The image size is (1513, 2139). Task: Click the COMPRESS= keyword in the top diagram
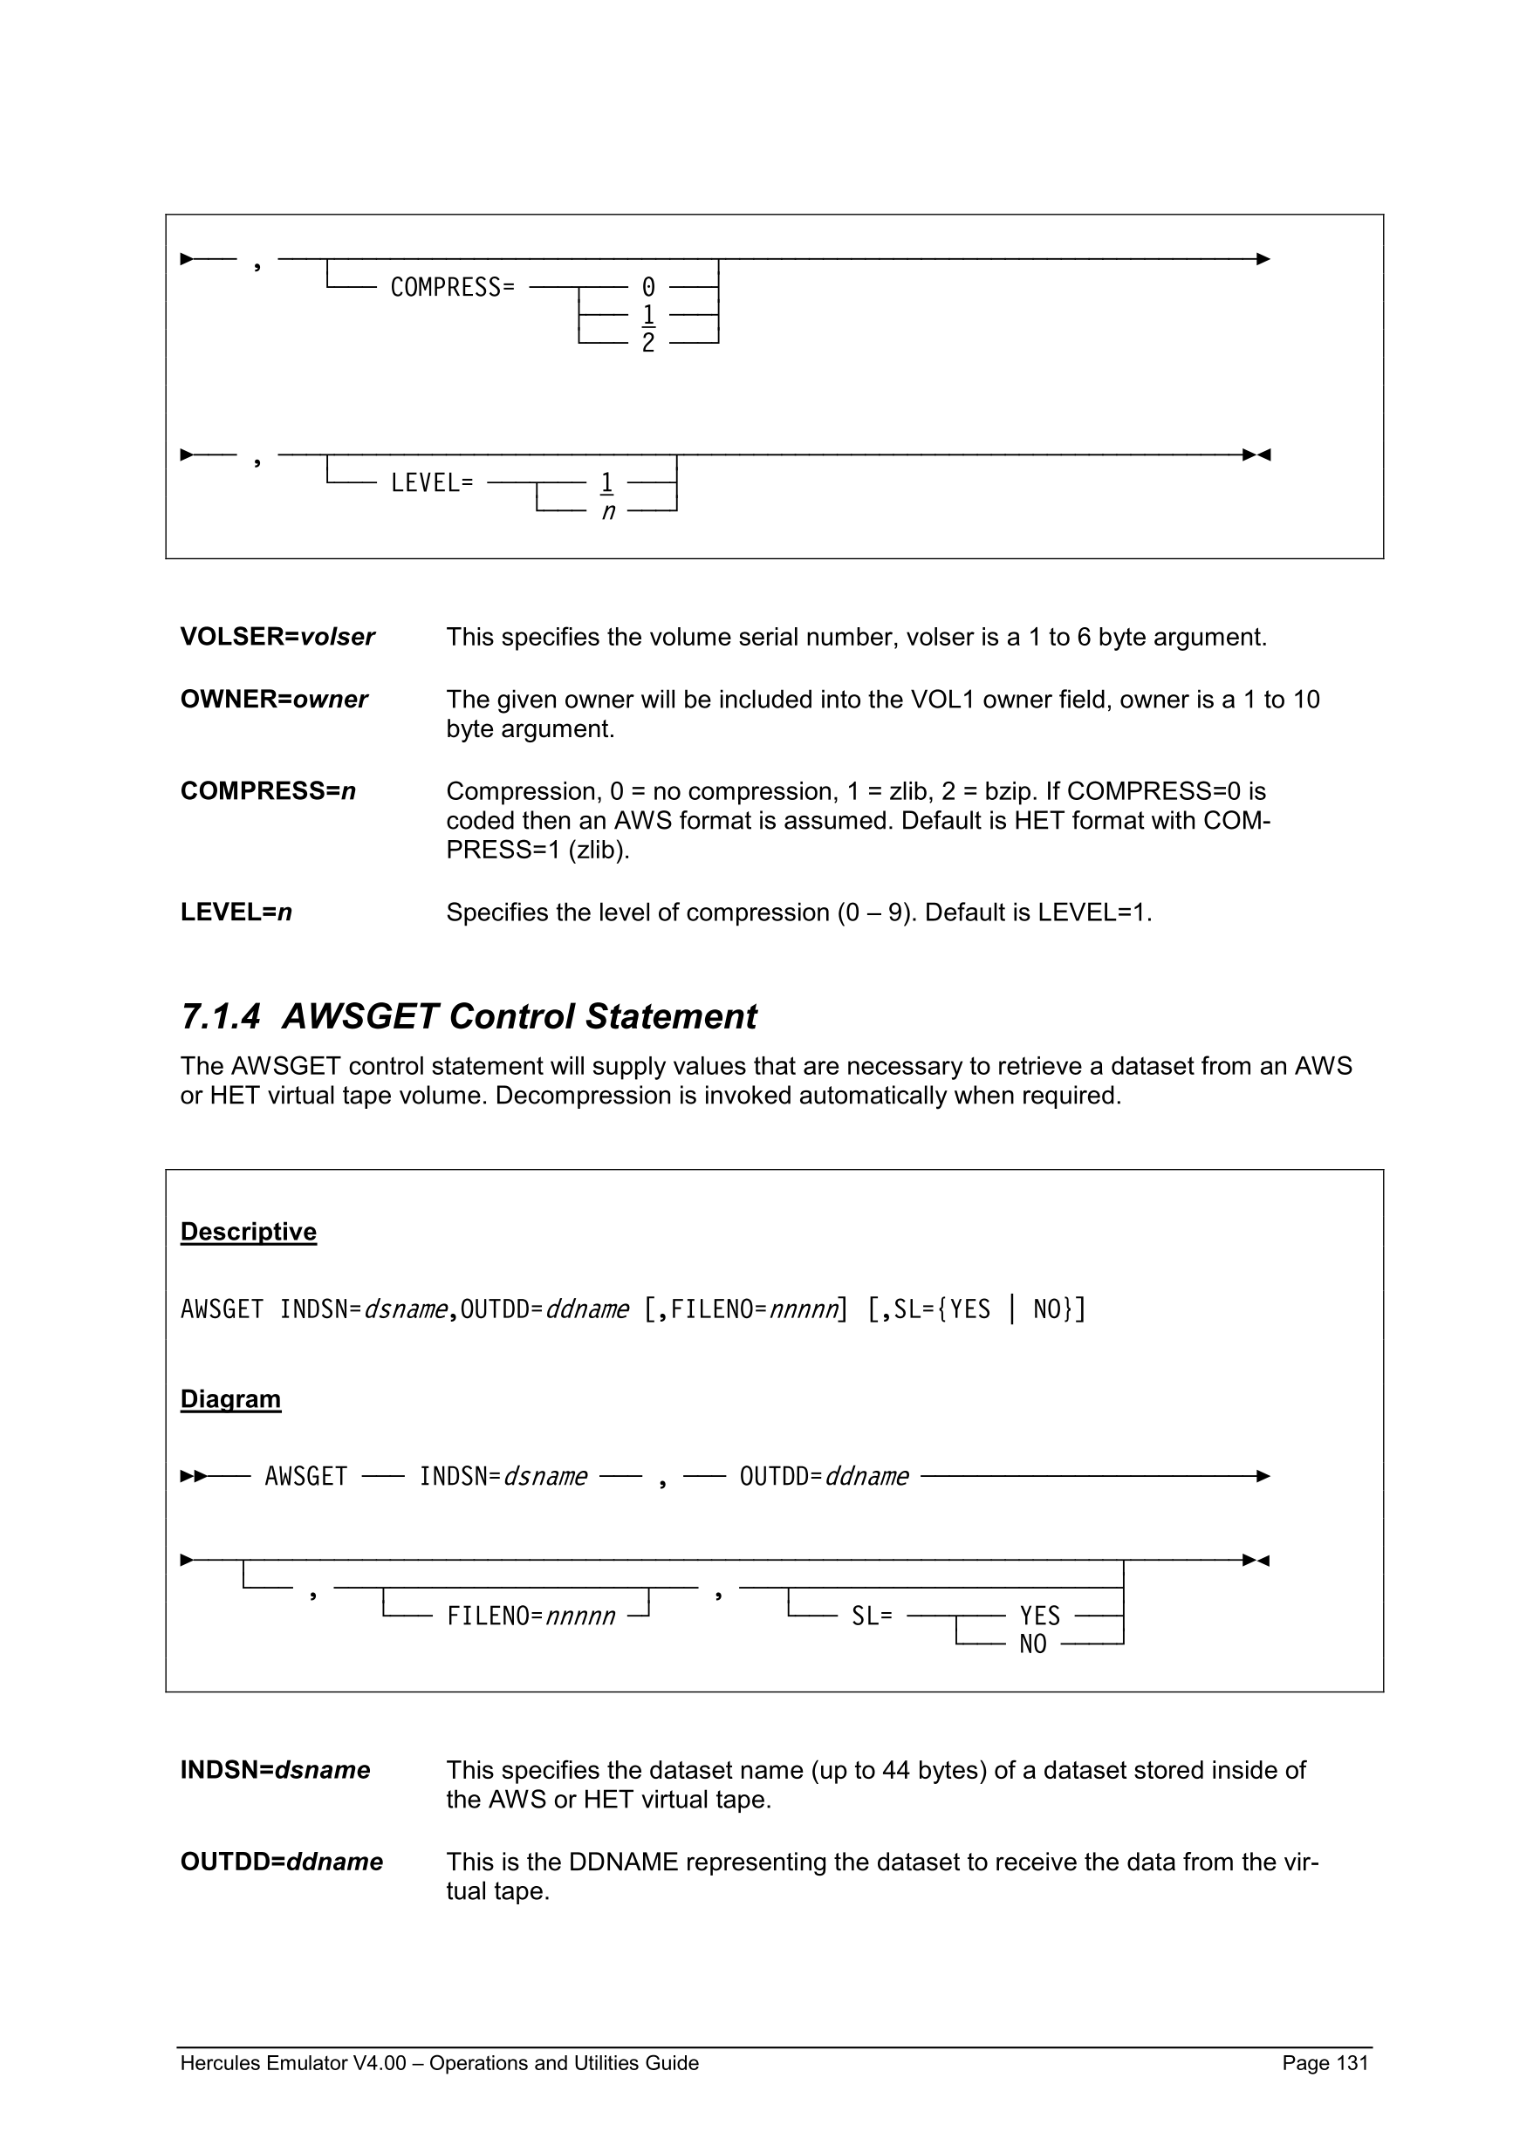click(x=452, y=287)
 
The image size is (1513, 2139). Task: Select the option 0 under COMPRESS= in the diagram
click(x=648, y=287)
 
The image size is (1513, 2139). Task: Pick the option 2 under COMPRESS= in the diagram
click(x=648, y=343)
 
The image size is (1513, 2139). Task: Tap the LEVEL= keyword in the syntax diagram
click(x=431, y=482)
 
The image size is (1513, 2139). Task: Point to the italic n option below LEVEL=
click(x=607, y=511)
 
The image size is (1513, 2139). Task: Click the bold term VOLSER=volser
click(x=277, y=636)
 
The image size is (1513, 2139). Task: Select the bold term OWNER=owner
click(x=274, y=699)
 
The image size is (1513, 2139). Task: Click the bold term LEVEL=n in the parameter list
click(x=236, y=912)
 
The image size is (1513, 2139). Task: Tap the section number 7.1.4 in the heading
click(x=220, y=1016)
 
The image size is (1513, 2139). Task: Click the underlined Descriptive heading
click(x=248, y=1232)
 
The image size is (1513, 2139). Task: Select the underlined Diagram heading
click(x=230, y=1399)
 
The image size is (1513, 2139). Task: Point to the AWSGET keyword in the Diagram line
click(x=305, y=1477)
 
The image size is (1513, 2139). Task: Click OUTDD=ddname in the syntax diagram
click(x=824, y=1477)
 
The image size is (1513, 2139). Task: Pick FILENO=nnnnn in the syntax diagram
click(x=531, y=1616)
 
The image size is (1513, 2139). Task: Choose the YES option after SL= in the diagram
click(x=1040, y=1616)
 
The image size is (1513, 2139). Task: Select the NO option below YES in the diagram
click(x=1032, y=1644)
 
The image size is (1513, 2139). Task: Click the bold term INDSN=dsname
click(x=275, y=1770)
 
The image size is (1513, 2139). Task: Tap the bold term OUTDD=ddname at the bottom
click(x=281, y=1862)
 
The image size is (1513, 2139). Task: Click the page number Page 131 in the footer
click(x=1325, y=2063)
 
